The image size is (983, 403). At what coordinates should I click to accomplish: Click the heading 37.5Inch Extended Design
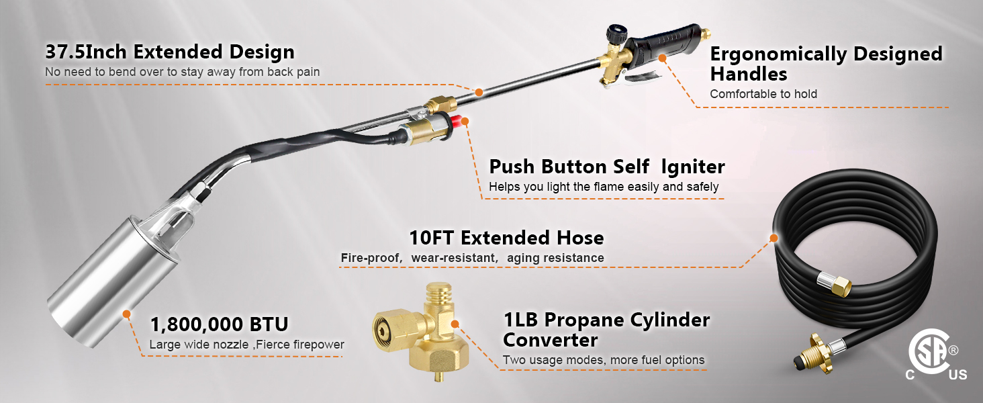169,52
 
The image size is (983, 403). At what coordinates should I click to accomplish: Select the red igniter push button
462,122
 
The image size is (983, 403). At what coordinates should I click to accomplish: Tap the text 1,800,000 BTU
219,325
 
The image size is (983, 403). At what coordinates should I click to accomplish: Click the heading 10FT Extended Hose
506,238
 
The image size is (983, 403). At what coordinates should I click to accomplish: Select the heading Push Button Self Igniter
607,167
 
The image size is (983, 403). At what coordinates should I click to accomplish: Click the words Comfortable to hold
763,94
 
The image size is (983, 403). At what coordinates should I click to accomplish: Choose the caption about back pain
183,72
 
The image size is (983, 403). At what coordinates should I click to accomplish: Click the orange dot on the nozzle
126,313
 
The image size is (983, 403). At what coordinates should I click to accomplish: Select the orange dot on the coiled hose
774,237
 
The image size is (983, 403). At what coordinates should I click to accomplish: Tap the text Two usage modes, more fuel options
604,361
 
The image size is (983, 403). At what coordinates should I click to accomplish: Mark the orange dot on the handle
662,58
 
